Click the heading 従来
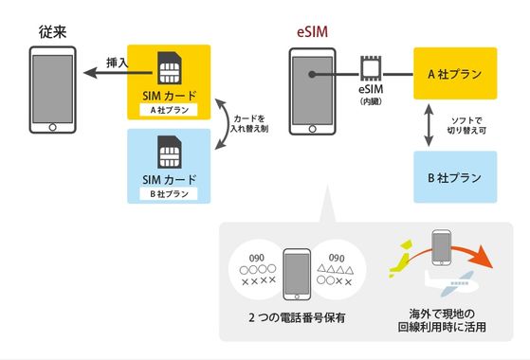pyautogui.click(x=46, y=32)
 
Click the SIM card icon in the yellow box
pyautogui.click(x=170, y=65)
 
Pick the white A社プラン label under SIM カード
pyautogui.click(x=170, y=109)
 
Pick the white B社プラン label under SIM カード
pyautogui.click(x=170, y=193)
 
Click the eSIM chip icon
pyautogui.click(x=371, y=69)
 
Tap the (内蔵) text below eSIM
pyautogui.click(x=371, y=101)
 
